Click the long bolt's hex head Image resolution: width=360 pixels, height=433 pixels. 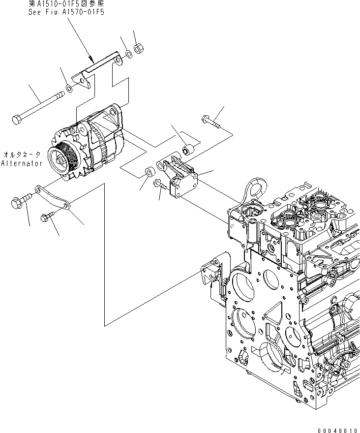[x=16, y=120]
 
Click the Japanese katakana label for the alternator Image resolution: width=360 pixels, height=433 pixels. [x=22, y=154]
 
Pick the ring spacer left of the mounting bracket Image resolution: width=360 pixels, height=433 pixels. [x=149, y=173]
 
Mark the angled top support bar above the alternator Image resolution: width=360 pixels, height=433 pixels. [x=98, y=69]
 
